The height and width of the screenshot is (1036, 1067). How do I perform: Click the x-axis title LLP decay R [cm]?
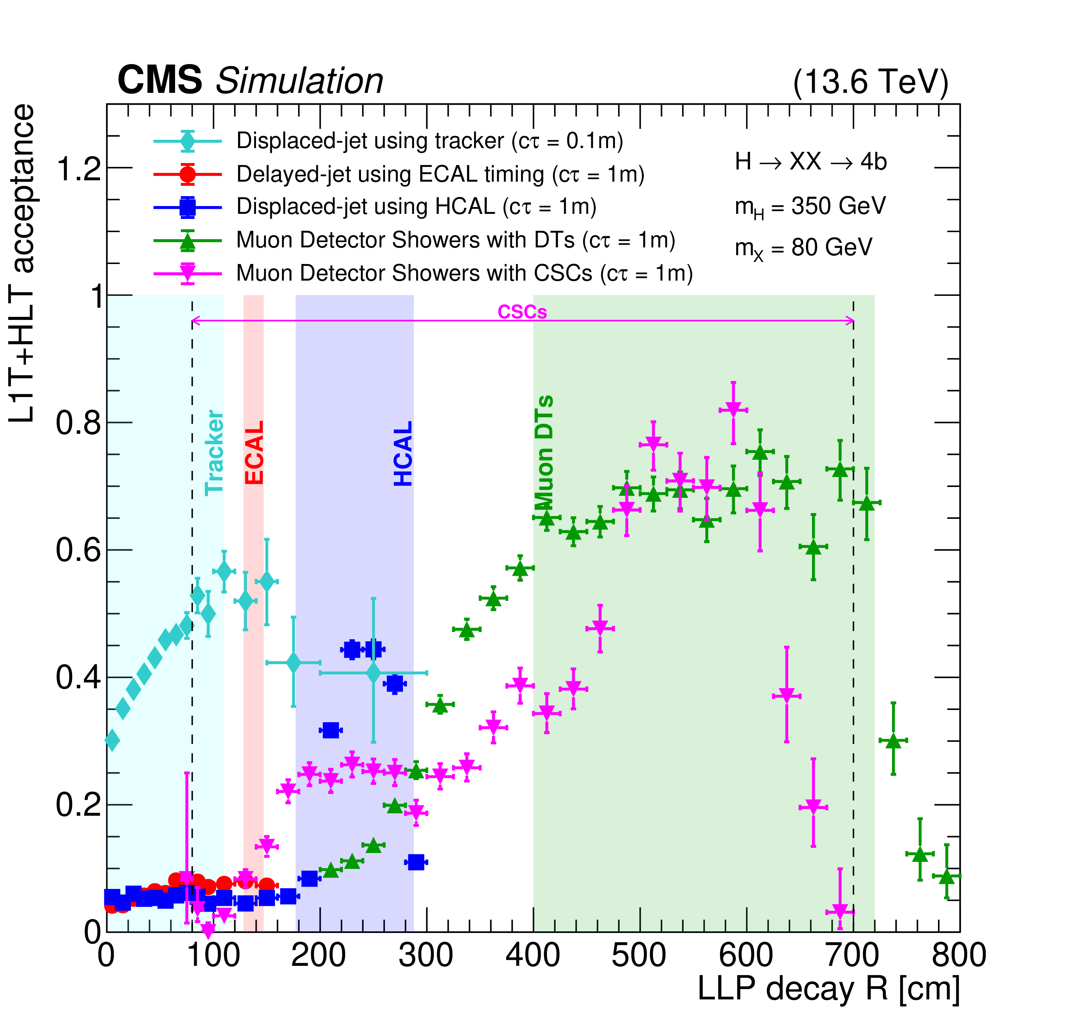(x=829, y=988)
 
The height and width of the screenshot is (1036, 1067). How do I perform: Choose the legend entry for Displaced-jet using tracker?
(x=429, y=141)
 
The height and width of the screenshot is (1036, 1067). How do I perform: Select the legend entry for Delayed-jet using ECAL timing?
(x=440, y=174)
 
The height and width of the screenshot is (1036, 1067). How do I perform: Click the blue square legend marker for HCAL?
(x=188, y=207)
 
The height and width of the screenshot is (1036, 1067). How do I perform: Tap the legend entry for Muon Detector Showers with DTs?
(x=455, y=240)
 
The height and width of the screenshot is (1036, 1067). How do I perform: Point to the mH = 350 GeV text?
(x=810, y=207)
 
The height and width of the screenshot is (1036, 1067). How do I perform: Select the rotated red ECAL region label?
(x=254, y=453)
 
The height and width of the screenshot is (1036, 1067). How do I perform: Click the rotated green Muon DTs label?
(x=544, y=451)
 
